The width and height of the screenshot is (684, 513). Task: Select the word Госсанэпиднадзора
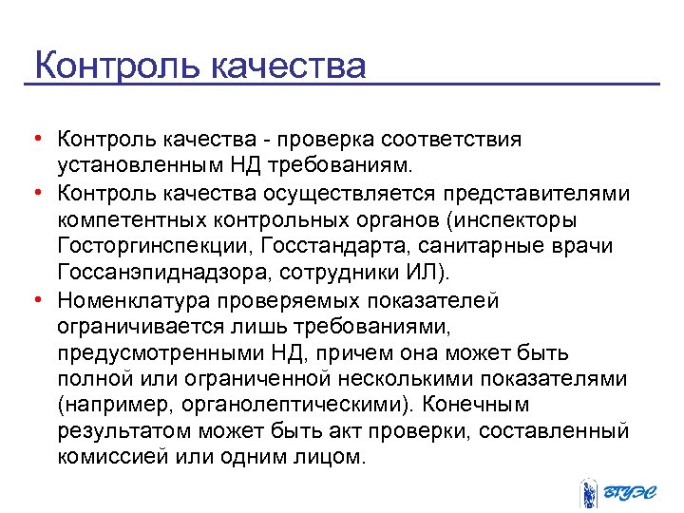[x=158, y=274]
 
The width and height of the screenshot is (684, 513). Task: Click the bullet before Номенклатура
[x=35, y=300]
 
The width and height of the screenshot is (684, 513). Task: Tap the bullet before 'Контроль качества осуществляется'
[x=35, y=193]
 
